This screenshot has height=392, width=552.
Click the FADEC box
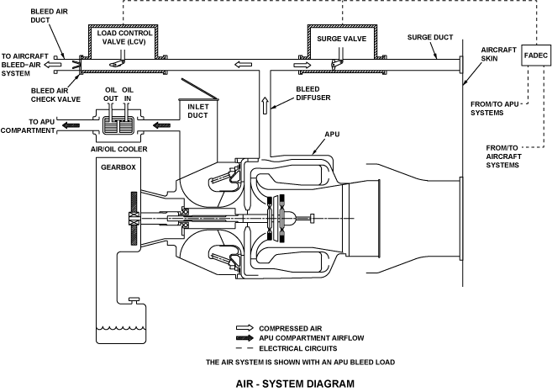tap(536, 56)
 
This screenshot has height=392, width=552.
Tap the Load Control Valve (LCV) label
tap(124, 37)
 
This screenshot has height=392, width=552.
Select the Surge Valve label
tap(341, 39)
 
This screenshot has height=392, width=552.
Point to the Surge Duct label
tap(430, 37)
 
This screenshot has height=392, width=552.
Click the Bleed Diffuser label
tap(313, 93)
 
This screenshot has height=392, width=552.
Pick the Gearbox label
tap(118, 167)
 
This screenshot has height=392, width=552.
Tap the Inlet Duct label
tap(197, 111)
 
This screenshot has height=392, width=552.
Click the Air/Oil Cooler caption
tap(119, 149)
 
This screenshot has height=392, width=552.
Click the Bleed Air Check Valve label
tap(55, 95)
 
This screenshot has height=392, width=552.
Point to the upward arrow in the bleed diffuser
tap(265, 105)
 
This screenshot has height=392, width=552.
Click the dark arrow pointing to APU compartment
tap(71, 125)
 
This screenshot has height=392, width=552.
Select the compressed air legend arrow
tap(244, 328)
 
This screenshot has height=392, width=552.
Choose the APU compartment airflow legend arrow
tap(244, 338)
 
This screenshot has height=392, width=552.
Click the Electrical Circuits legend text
tap(298, 348)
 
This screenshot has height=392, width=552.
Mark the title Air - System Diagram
tap(295, 384)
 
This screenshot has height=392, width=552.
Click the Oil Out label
tap(111, 94)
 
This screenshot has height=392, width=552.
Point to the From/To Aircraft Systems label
tap(502, 156)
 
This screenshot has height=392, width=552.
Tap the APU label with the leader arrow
tap(332, 135)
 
